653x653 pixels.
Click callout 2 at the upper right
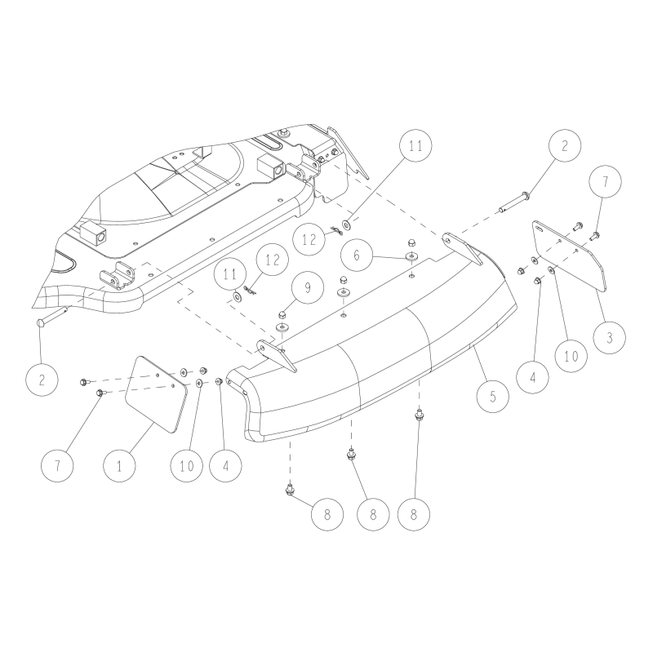(x=565, y=148)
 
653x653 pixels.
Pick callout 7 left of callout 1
(x=56, y=466)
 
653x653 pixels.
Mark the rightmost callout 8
(x=414, y=516)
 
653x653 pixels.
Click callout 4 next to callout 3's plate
(x=534, y=377)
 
